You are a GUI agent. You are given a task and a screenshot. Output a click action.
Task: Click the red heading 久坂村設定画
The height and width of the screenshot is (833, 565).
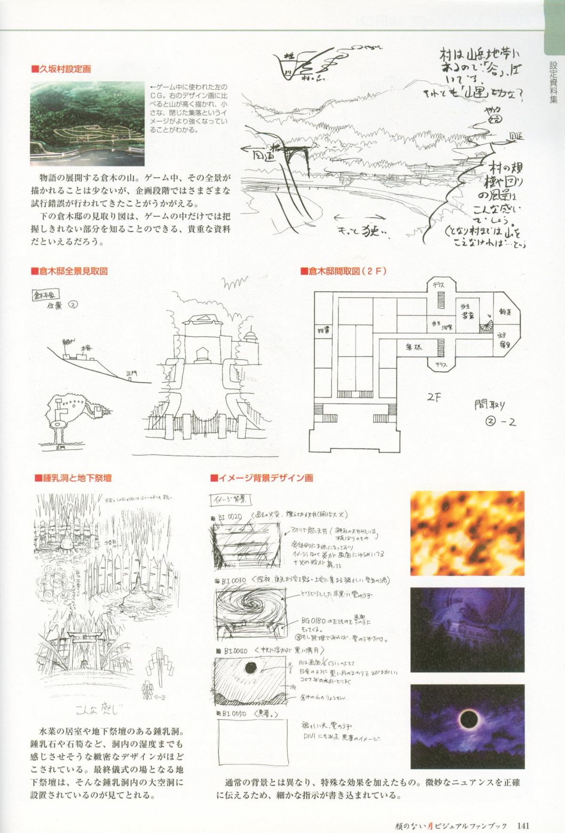pyautogui.click(x=61, y=70)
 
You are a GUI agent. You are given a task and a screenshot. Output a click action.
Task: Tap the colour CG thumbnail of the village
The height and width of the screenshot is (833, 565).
pyautogui.click(x=88, y=123)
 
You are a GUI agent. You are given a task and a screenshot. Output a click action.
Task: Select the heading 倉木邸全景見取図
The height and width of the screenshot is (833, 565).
pyautogui.click(x=69, y=272)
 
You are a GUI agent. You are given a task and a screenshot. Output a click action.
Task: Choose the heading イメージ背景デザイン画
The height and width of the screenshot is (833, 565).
pyautogui.click(x=262, y=478)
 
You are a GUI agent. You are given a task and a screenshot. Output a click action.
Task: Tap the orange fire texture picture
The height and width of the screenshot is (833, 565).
pyautogui.click(x=467, y=533)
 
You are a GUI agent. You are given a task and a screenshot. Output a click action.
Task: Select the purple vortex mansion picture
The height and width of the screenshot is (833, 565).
pyautogui.click(x=467, y=630)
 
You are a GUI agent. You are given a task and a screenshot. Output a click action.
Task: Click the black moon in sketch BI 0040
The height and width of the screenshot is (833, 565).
pyautogui.click(x=250, y=668)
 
